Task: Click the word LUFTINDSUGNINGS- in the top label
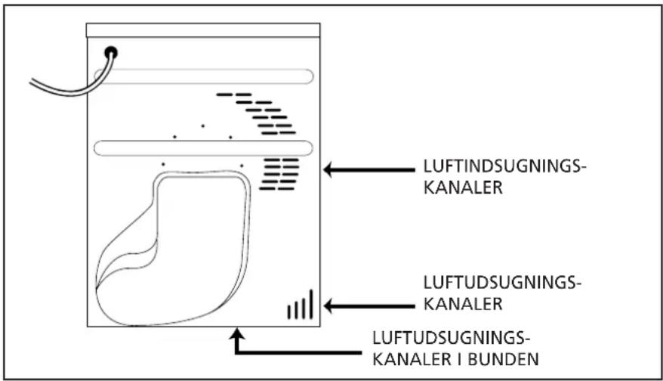(x=505, y=166)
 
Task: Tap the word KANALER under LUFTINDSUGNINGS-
(x=463, y=187)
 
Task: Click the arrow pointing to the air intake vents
(x=369, y=170)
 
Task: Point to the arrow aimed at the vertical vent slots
(x=369, y=306)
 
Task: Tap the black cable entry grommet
(x=111, y=52)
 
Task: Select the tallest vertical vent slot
(x=311, y=304)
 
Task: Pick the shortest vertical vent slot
(x=289, y=311)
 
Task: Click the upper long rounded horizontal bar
(x=203, y=76)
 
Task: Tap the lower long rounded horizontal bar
(x=203, y=148)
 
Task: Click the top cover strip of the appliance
(x=203, y=30)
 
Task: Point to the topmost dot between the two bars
(x=203, y=125)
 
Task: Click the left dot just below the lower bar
(x=163, y=164)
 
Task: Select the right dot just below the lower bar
(x=242, y=166)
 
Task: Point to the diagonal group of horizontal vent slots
(x=256, y=113)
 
